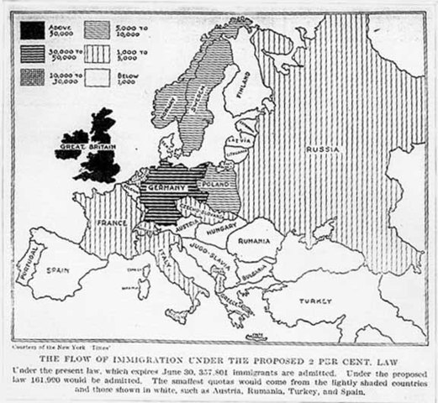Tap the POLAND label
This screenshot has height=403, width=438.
pos(221,181)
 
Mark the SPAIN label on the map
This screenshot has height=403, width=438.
pos(55,272)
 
